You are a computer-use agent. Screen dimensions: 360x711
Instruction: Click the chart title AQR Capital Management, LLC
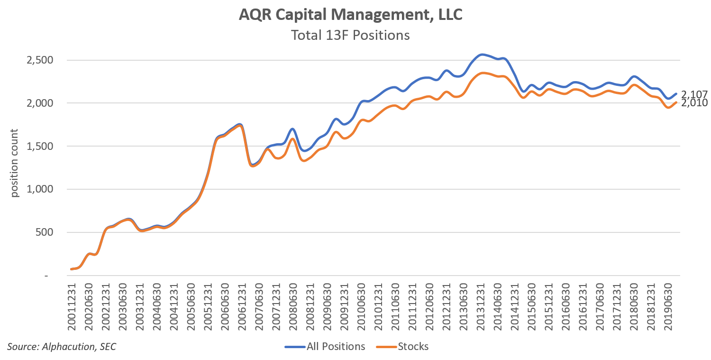pyautogui.click(x=350, y=15)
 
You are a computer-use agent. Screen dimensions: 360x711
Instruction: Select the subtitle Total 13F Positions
pyautogui.click(x=350, y=35)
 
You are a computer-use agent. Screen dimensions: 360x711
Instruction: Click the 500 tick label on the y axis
pyautogui.click(x=46, y=232)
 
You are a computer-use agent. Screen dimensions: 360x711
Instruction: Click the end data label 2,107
pyautogui.click(x=694, y=94)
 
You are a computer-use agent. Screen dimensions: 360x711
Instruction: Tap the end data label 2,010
pyautogui.click(x=694, y=103)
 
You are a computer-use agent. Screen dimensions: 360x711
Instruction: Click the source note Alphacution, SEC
pyautogui.click(x=62, y=347)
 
